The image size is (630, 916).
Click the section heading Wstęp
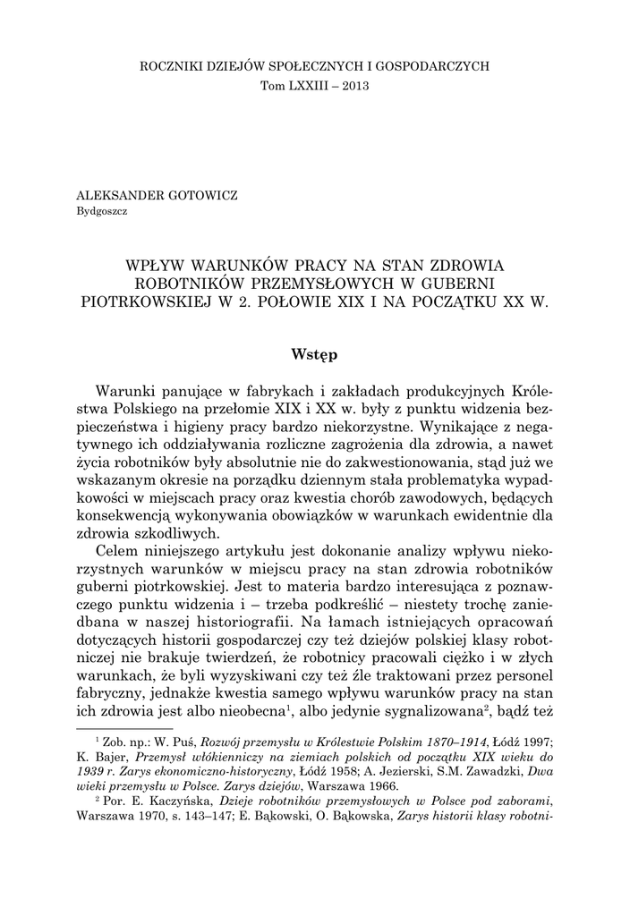tap(314, 354)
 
